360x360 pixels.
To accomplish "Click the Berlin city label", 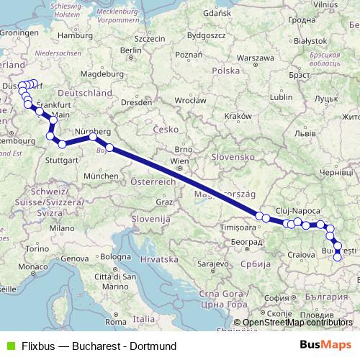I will click(131, 50).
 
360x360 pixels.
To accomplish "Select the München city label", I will click(100, 176).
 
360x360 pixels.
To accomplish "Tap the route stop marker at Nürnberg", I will click(93, 136).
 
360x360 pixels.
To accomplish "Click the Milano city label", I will click(61, 228).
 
